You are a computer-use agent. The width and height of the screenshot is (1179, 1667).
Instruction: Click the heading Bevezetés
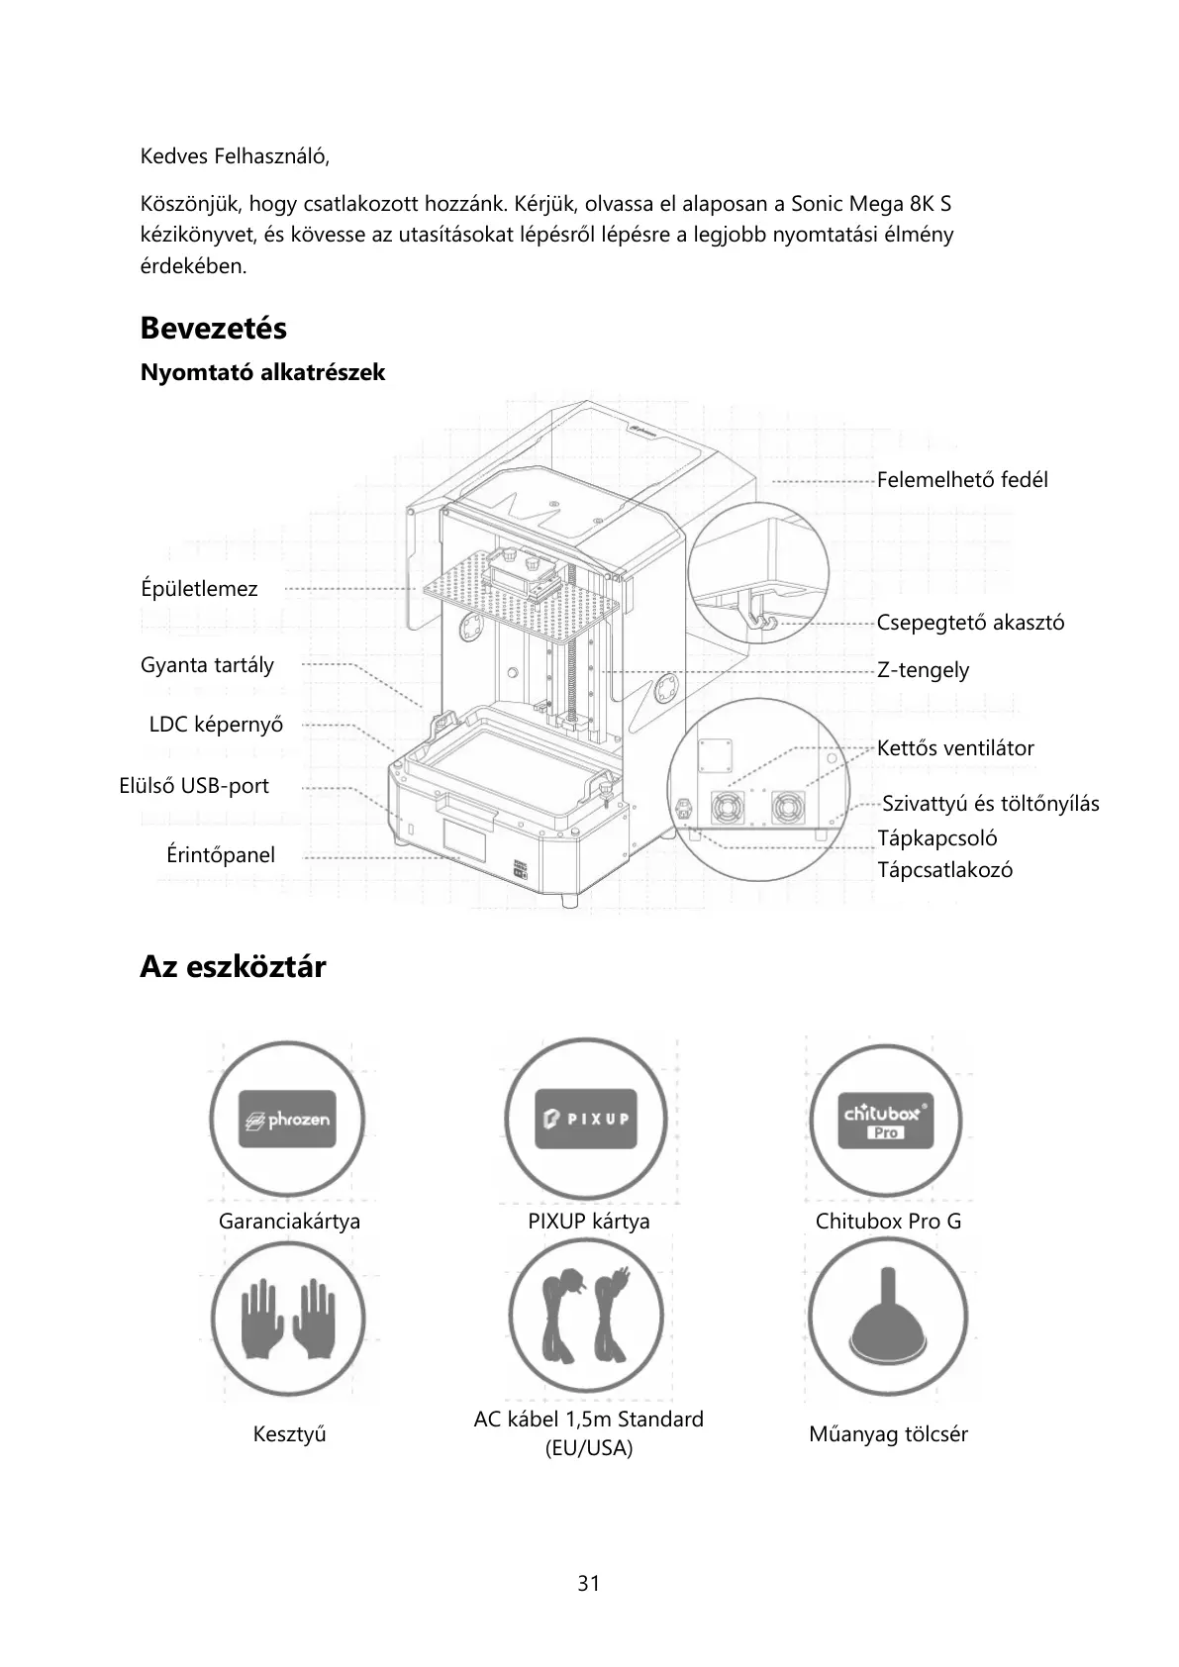[x=213, y=328]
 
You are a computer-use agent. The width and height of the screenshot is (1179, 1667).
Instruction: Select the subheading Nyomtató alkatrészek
[x=262, y=373]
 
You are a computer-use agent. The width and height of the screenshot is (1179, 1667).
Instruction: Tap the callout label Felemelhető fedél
[x=961, y=480]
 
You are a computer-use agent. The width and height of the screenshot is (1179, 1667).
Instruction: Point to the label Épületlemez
[x=199, y=589]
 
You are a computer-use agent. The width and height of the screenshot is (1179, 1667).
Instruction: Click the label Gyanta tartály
[x=207, y=665]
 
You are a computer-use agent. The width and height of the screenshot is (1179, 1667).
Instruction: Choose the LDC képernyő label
[x=216, y=725]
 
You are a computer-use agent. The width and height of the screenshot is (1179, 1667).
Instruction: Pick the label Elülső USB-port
[x=194, y=786]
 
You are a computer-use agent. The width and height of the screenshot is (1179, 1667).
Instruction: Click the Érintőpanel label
[x=221, y=855]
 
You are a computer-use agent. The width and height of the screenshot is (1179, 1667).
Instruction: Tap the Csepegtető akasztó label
[x=970, y=623]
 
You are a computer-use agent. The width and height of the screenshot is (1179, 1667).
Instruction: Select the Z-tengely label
[x=923, y=670]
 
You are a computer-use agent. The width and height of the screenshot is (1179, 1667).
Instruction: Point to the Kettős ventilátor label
[x=955, y=748]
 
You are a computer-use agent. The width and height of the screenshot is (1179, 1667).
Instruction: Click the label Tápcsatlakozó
[x=944, y=871]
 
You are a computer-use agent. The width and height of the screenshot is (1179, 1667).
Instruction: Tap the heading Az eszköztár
[x=233, y=967]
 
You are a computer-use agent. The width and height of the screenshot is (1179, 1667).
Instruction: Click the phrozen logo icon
[x=287, y=1119]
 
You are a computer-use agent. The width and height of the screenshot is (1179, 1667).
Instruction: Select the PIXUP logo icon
[x=586, y=1119]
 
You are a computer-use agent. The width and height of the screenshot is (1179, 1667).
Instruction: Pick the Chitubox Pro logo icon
[x=885, y=1119]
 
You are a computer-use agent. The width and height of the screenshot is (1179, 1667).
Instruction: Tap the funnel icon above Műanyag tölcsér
[x=887, y=1318]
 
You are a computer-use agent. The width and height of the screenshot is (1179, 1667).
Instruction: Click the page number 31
[x=589, y=1584]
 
